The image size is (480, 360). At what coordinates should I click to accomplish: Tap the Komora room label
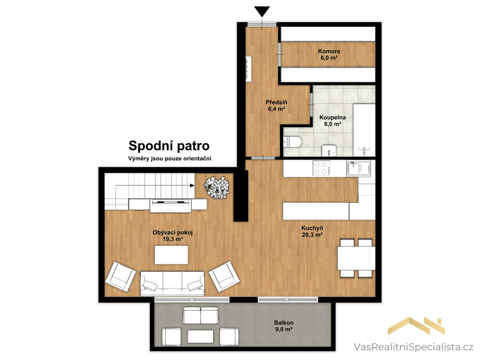pyautogui.click(x=329, y=51)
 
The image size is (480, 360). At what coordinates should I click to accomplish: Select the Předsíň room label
pyautogui.click(x=277, y=102)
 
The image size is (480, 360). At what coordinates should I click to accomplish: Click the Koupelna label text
pyautogui.click(x=332, y=117)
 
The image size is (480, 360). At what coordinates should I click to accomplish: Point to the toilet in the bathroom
pyautogui.click(x=293, y=141)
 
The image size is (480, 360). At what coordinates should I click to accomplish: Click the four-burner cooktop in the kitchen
pyautogui.click(x=321, y=168)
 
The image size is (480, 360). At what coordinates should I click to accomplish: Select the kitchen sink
pyautogui.click(x=358, y=168)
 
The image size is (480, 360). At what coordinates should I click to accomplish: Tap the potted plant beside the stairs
pyautogui.click(x=216, y=188)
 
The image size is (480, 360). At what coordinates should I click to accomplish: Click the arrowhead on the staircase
pyautogui.click(x=192, y=185)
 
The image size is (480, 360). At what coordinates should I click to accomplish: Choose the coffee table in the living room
pyautogui.click(x=171, y=255)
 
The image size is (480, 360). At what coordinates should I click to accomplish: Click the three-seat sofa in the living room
pyautogui.click(x=172, y=283)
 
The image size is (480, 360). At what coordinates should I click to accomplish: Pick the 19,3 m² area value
pyautogui.click(x=172, y=239)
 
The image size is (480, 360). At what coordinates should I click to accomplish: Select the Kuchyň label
pyautogui.click(x=312, y=228)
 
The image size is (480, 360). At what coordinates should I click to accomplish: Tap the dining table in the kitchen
pyautogui.click(x=356, y=258)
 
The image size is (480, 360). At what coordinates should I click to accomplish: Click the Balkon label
pyautogui.click(x=284, y=323)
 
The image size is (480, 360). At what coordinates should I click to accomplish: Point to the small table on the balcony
pyautogui.click(x=201, y=336)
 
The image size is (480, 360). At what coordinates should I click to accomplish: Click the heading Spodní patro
pyautogui.click(x=169, y=146)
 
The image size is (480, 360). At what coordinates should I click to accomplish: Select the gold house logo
pyautogui.click(x=416, y=326)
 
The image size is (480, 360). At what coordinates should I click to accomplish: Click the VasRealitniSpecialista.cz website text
pyautogui.click(x=413, y=347)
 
